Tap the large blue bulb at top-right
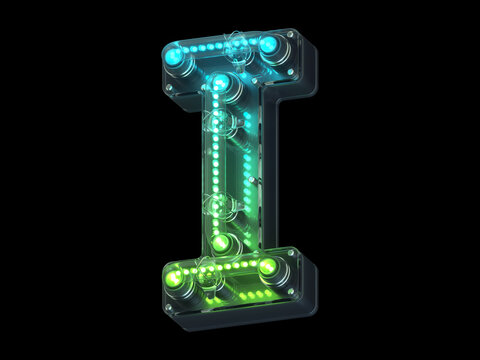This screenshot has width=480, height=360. (270, 46)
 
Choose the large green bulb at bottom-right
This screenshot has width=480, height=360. (268, 268)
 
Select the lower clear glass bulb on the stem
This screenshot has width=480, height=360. (218, 204)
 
